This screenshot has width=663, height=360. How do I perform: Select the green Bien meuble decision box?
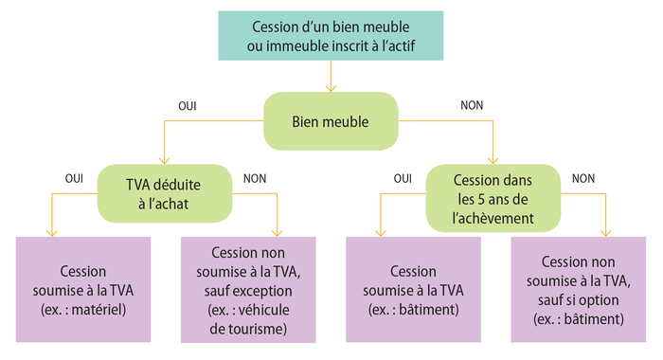tap(330, 121)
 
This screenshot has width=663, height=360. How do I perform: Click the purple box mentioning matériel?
tap(82, 290)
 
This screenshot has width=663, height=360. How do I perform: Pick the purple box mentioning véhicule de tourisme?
tap(247, 290)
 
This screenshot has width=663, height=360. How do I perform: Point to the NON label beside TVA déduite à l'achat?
tap(255, 177)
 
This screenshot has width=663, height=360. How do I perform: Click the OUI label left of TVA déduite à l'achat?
tap(74, 177)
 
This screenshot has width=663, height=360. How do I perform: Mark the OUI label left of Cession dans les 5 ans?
tap(403, 177)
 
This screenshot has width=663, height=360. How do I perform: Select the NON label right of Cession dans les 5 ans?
tap(583, 177)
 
